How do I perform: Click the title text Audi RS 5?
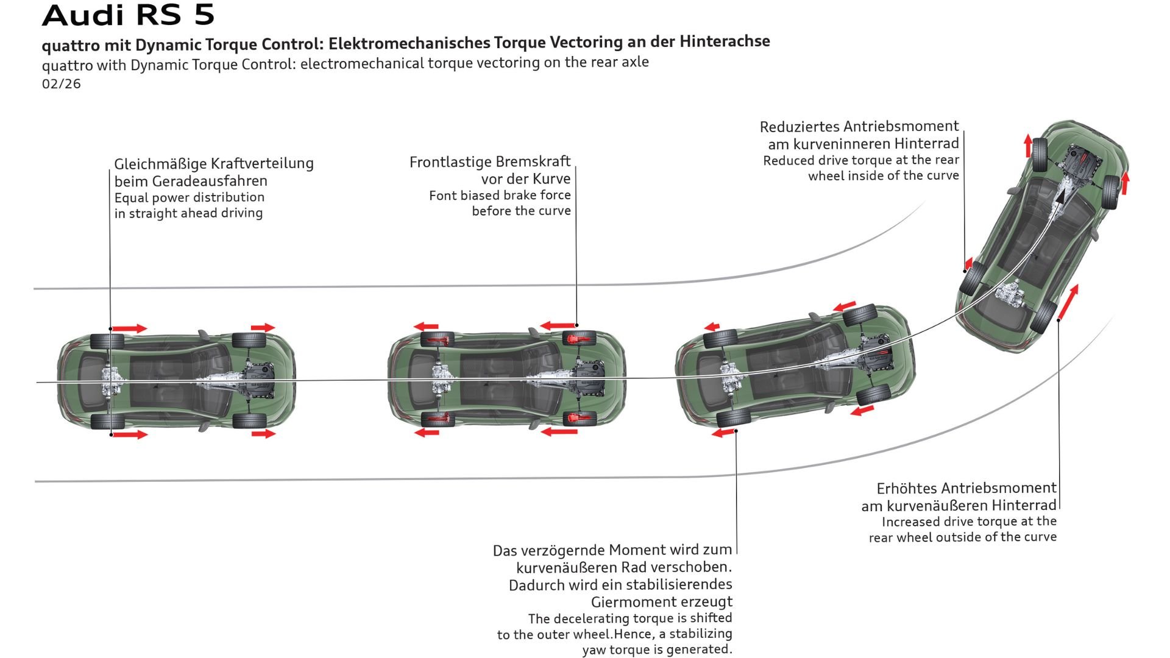pyautogui.click(x=128, y=15)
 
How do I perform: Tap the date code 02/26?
pyautogui.click(x=61, y=84)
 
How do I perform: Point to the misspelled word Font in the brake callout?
pyautogui.click(x=442, y=196)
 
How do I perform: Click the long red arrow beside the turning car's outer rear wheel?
pyautogui.click(x=1068, y=302)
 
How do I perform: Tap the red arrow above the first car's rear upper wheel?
pyautogui.click(x=130, y=328)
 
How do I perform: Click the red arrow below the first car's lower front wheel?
pyautogui.click(x=263, y=434)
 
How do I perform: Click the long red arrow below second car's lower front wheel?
pyautogui.click(x=559, y=431)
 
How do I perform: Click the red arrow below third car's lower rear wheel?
pyautogui.click(x=723, y=433)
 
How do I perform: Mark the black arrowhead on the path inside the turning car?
pyautogui.click(x=1062, y=197)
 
